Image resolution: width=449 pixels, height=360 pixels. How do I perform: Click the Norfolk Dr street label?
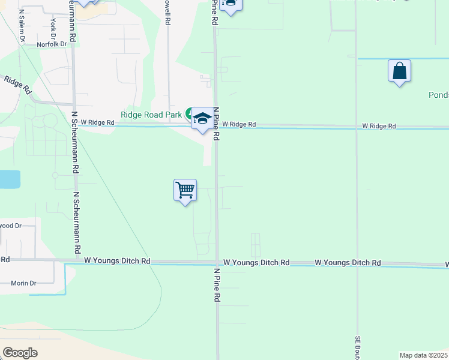coord(51,44)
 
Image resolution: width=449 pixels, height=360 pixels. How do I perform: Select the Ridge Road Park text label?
coord(150,115)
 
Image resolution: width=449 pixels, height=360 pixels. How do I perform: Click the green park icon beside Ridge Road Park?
coord(190,113)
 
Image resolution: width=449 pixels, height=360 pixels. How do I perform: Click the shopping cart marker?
coord(185,191)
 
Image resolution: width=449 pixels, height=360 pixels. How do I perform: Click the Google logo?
coord(20,353)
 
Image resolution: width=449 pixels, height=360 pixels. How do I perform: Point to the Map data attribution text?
coord(424,355)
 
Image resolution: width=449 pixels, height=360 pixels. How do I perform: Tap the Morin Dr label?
coord(23,283)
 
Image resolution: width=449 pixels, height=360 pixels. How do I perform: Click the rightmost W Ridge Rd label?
coord(379,126)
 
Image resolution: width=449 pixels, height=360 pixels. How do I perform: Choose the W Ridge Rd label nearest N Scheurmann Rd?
coord(97,122)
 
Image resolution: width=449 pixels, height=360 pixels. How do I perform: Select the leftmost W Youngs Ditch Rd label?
coord(117,261)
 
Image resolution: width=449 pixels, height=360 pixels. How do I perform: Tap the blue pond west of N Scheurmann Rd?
coord(10,179)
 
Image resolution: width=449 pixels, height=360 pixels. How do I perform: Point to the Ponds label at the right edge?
coord(438,95)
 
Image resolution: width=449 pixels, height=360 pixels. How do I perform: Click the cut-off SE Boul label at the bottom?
coord(357,347)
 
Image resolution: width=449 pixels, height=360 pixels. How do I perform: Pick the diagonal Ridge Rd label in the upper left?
coord(17,85)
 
